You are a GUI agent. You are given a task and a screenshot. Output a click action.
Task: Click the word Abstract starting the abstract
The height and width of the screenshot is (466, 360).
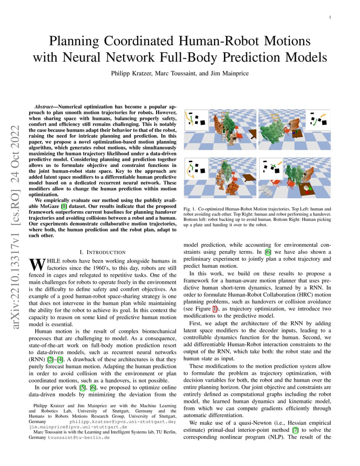(44, 107)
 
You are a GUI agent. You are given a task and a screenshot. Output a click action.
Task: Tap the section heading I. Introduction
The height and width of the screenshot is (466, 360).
(103, 252)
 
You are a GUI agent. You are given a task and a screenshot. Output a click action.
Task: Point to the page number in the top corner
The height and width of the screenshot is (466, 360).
(330, 17)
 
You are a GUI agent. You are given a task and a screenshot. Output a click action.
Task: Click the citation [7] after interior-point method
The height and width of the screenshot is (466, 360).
(295, 430)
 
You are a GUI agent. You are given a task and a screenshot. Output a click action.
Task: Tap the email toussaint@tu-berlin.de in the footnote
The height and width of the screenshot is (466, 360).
(79, 437)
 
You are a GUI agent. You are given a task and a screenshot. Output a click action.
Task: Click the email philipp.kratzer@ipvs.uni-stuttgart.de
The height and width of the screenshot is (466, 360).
(123, 422)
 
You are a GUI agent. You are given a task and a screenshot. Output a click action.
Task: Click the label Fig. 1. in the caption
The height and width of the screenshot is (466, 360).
(190, 209)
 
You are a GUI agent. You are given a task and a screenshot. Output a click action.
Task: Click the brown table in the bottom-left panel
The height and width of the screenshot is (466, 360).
(249, 178)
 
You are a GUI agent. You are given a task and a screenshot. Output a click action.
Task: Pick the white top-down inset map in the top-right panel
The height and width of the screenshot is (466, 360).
(318, 120)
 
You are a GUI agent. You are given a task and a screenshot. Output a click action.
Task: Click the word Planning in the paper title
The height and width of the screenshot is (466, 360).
(74, 41)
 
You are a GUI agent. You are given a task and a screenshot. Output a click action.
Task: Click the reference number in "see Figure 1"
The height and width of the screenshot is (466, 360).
(215, 309)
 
